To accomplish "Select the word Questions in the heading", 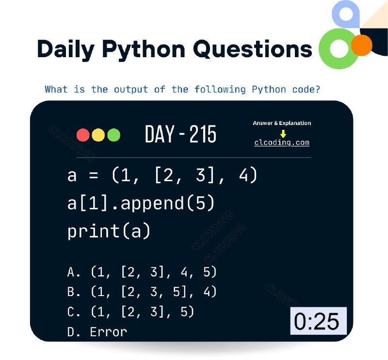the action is tap(252, 49).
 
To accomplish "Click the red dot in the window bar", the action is tap(83, 135).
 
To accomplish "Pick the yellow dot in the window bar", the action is tap(98, 135).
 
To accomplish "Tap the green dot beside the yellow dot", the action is tap(114, 135).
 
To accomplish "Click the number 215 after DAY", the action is tap(203, 134).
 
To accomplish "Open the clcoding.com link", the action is tap(282, 142).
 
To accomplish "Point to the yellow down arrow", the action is tap(283, 134).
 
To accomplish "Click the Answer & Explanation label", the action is tap(282, 123).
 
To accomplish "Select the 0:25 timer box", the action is tap(319, 321).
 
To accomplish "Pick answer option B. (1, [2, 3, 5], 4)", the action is tap(142, 292).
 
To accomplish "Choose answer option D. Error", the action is tap(97, 332).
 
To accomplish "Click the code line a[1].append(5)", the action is tap(141, 203).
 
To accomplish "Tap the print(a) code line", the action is tap(109, 231).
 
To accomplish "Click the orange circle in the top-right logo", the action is tap(361, 45).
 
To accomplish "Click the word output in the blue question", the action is tap(131, 89).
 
